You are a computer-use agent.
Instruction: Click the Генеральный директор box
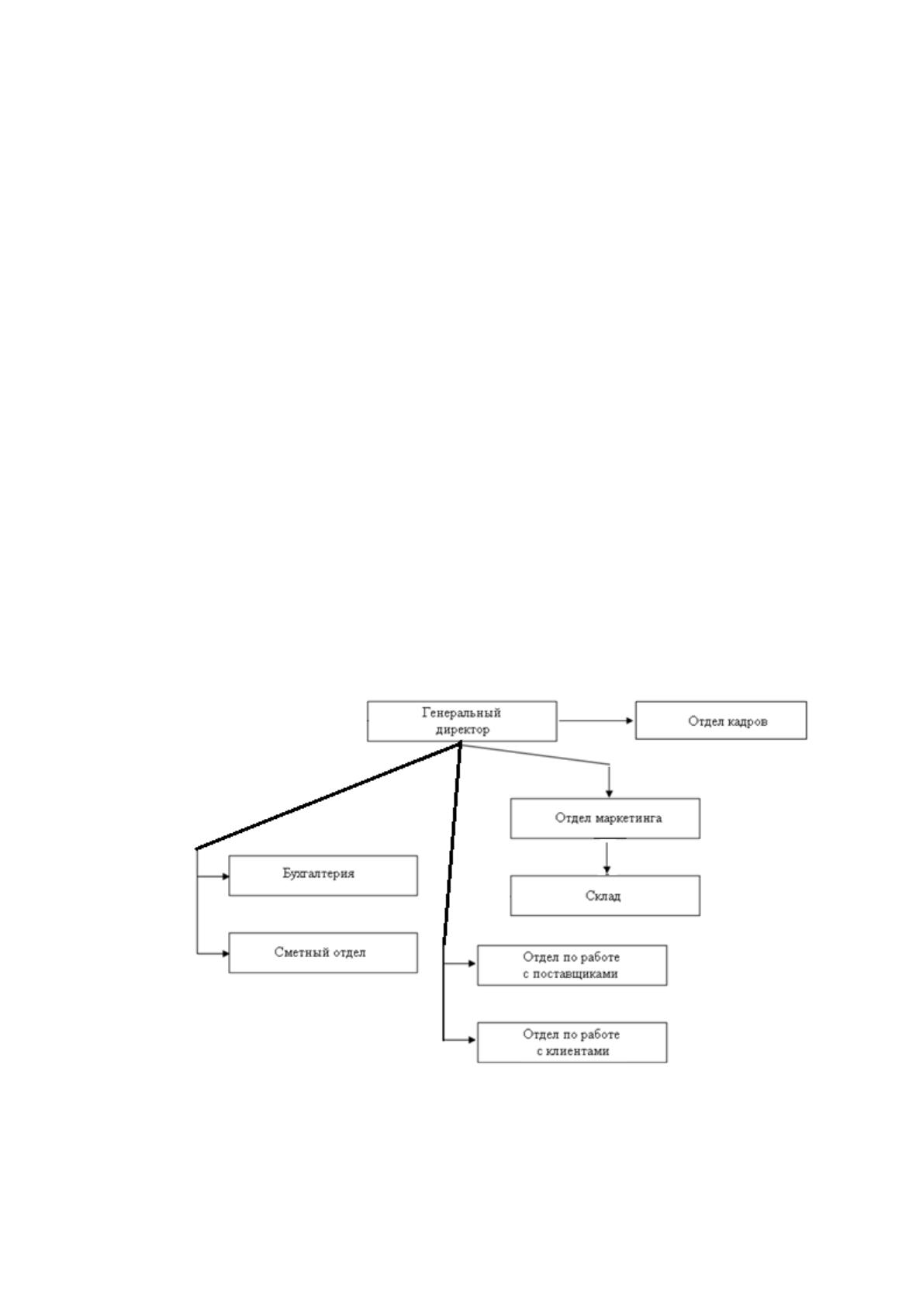[x=461, y=721]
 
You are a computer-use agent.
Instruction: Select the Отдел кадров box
[x=721, y=720]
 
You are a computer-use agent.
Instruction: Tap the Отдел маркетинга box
[x=605, y=819]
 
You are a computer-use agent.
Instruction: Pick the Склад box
[x=605, y=896]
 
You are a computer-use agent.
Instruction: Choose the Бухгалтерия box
[x=323, y=876]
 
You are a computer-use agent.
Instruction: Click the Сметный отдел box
[x=323, y=952]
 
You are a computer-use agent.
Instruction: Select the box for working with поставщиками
[x=572, y=966]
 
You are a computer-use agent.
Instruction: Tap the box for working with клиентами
[x=572, y=1042]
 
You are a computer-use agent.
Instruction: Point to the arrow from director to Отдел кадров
[x=596, y=720]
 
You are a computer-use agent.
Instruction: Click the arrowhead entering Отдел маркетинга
[x=610, y=794]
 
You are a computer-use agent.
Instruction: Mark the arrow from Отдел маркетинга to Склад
[x=607, y=858]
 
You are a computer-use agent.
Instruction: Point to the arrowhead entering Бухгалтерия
[x=225, y=876]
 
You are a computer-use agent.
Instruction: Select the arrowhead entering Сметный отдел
[x=225, y=954]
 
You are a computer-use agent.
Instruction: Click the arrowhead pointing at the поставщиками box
[x=472, y=964]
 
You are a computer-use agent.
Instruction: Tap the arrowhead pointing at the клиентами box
[x=472, y=1039]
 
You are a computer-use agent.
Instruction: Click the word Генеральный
[x=461, y=713]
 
